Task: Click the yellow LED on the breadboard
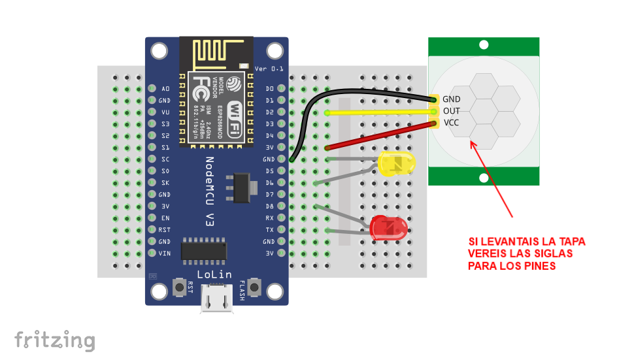(x=395, y=164)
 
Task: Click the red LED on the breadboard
(x=389, y=227)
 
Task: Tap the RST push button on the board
(x=178, y=287)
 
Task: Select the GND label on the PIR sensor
(x=452, y=99)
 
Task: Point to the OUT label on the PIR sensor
(x=451, y=111)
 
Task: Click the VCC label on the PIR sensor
(x=451, y=123)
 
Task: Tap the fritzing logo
(x=55, y=340)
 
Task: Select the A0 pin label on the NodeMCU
(x=165, y=88)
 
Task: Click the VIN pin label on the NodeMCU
(x=164, y=253)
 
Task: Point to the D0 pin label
(x=270, y=88)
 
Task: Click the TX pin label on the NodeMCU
(x=270, y=229)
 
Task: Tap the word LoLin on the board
(x=214, y=274)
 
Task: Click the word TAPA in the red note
(x=572, y=242)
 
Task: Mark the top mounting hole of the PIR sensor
(x=484, y=45)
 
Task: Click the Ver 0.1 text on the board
(x=269, y=69)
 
